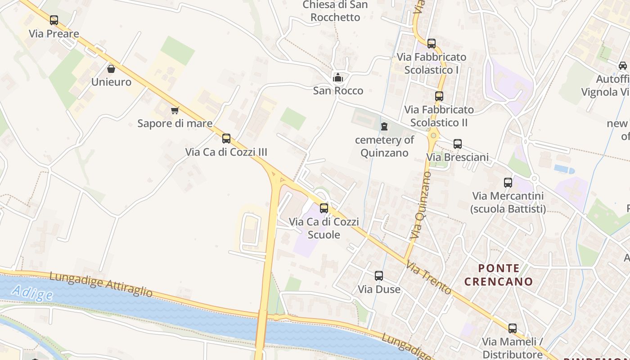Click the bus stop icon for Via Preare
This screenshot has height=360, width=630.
pos(54,20)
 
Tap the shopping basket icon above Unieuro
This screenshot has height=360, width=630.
pos(111,69)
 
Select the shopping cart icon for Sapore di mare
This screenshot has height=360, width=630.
pos(175,110)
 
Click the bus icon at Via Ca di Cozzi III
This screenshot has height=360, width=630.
pos(226,139)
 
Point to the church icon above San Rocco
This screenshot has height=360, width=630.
pos(338,77)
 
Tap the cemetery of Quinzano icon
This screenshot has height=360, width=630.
pos(384,126)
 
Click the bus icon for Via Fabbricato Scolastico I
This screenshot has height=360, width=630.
pos(432,44)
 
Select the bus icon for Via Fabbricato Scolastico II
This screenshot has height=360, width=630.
pos(439,96)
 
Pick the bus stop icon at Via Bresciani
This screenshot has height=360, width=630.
pos(458,144)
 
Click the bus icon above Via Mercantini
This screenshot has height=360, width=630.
pos(508,183)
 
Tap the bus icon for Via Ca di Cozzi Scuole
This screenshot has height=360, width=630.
pos(324,208)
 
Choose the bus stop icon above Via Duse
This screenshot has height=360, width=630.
pos(379,276)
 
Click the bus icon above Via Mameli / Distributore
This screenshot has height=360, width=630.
pos(513,328)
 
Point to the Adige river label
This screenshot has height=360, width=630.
pos(32,293)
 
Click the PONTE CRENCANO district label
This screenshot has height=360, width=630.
pos(499,275)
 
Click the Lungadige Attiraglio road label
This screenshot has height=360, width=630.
pos(101,284)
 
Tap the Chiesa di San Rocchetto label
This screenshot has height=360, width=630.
pos(335,11)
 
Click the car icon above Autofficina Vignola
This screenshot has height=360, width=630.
pos(623,66)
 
